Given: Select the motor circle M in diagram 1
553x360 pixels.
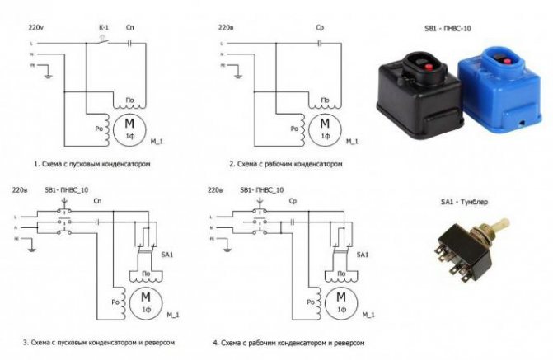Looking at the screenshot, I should point(132,126).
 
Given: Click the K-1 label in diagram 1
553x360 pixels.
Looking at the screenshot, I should point(104,27).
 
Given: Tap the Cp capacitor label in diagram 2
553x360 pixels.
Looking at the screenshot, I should point(321,27).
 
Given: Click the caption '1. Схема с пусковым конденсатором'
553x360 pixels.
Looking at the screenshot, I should point(91,164).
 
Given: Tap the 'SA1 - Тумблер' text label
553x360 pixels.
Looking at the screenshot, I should point(464,201).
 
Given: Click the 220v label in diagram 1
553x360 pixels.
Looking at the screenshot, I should point(37,27).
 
